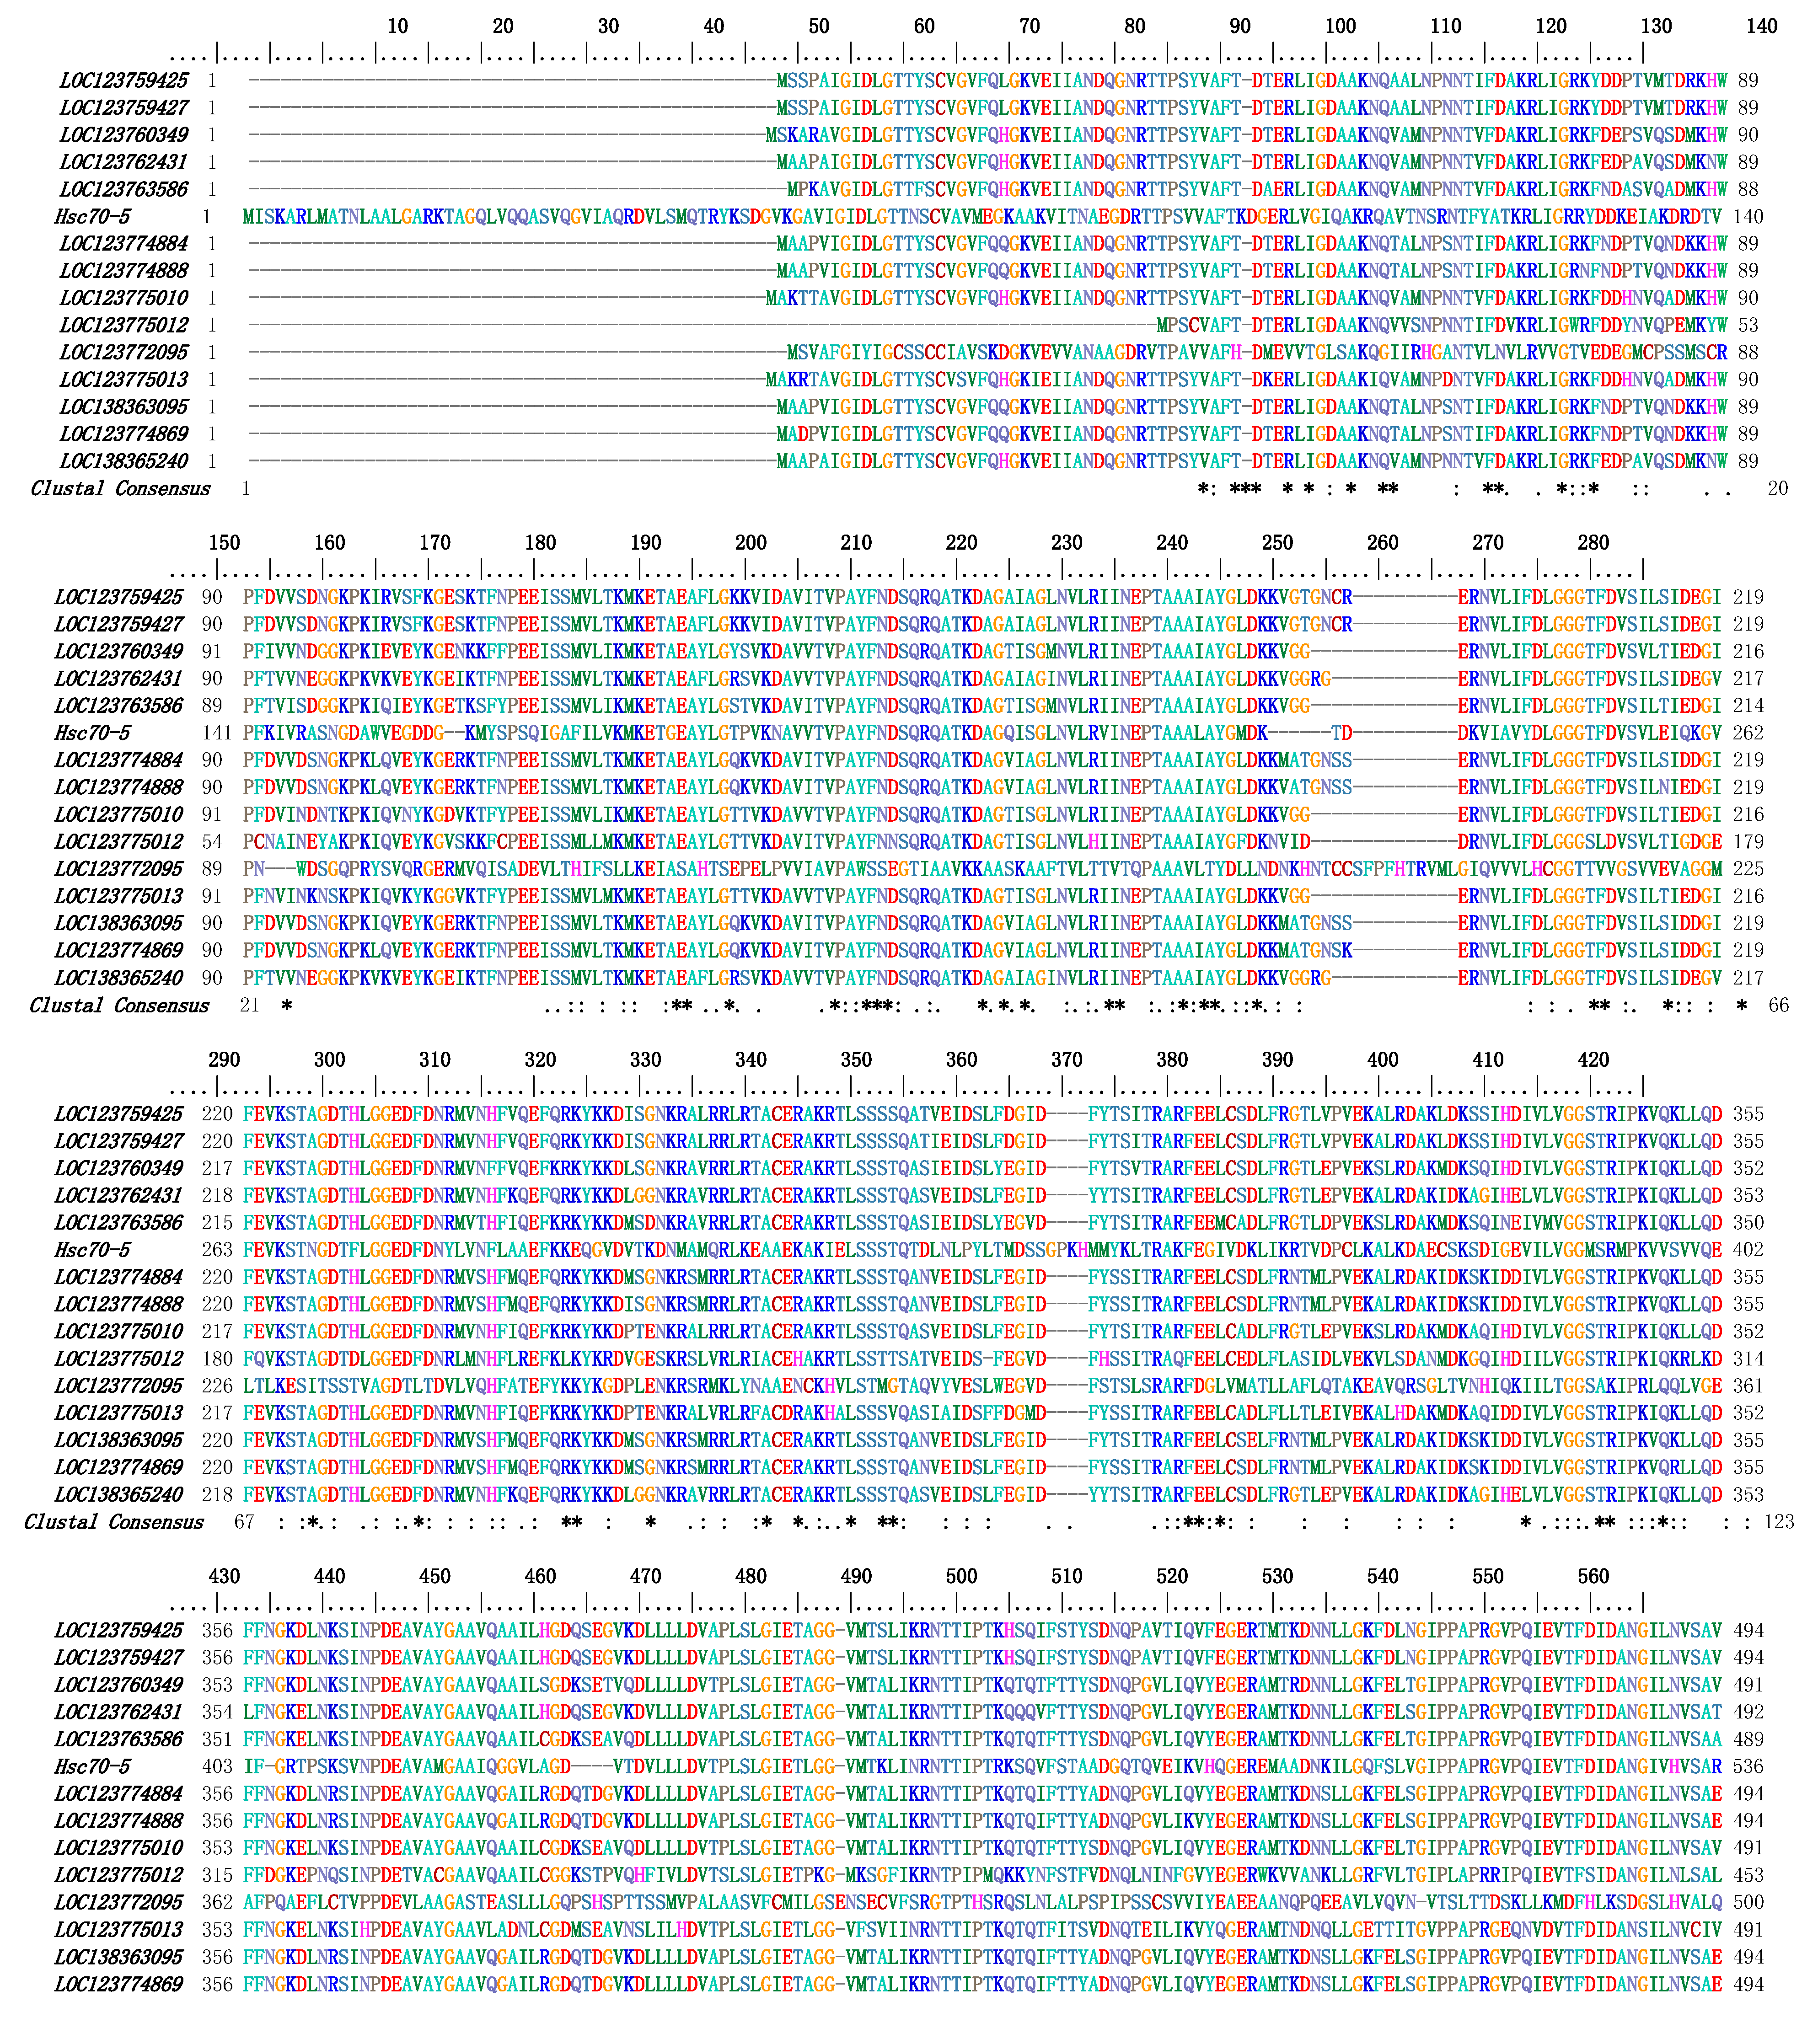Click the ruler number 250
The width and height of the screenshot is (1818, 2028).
(x=1276, y=542)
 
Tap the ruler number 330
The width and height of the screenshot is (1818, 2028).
(x=645, y=1059)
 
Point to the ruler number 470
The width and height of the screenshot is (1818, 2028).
(x=645, y=1576)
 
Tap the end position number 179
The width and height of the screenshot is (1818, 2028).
(x=1748, y=842)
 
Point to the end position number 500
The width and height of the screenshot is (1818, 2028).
(x=1748, y=1902)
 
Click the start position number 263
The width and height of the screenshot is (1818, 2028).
(x=217, y=1250)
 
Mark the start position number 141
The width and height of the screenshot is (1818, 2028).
(x=217, y=733)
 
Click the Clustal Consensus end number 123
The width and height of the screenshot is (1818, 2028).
(x=1779, y=1522)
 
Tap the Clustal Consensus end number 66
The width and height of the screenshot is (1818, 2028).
(x=1779, y=1006)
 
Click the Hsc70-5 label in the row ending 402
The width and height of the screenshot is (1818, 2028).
(x=92, y=1250)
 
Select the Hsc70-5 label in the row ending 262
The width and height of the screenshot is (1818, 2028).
(x=92, y=733)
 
